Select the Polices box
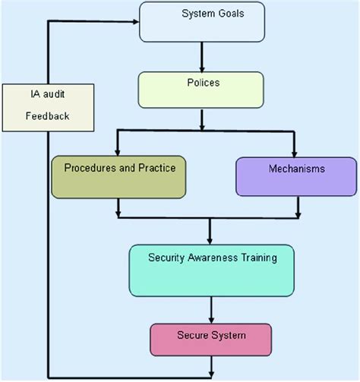point(200,90)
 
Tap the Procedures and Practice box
point(118,176)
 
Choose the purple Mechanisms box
point(295,176)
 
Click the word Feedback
point(46,117)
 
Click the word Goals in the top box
point(229,14)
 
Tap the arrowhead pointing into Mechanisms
point(295,152)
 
